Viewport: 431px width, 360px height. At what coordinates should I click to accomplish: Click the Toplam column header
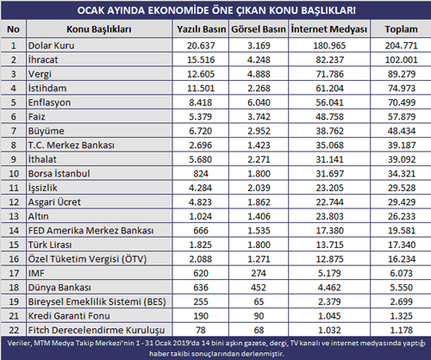pyautogui.click(x=401, y=29)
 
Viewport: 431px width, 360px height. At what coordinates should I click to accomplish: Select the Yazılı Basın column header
pyautogui.click(x=201, y=29)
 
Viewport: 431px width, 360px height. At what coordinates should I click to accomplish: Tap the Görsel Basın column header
pyautogui.click(x=259, y=29)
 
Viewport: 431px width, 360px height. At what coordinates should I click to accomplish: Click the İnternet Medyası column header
pyautogui.click(x=329, y=29)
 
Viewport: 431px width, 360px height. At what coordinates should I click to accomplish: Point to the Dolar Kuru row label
pyautogui.click(x=51, y=46)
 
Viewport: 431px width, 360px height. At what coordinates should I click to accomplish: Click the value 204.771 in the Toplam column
pyautogui.click(x=401, y=46)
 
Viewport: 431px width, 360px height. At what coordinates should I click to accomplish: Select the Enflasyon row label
pyautogui.click(x=49, y=102)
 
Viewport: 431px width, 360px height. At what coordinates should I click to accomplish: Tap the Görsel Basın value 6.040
pyautogui.click(x=259, y=102)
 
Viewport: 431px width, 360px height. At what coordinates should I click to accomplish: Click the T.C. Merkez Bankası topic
pyautogui.click(x=71, y=145)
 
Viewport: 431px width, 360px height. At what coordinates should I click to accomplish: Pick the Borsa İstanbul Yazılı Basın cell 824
pyautogui.click(x=201, y=174)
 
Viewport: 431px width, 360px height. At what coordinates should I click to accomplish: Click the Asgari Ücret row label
pyautogui.click(x=54, y=202)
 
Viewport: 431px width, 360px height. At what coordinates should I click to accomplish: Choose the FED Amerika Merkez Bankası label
pyautogui.click(x=91, y=231)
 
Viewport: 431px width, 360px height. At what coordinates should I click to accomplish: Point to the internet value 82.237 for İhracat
pyautogui.click(x=329, y=59)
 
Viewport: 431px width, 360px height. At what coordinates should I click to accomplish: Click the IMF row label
pyautogui.click(x=36, y=273)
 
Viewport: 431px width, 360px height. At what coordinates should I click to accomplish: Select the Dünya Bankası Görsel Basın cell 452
pyautogui.click(x=259, y=288)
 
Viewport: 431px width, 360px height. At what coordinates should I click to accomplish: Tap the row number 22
pyautogui.click(x=14, y=330)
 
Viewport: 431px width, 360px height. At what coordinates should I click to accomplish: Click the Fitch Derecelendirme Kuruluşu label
pyautogui.click(x=97, y=330)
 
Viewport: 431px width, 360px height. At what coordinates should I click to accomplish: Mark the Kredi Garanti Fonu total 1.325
pyautogui.click(x=401, y=316)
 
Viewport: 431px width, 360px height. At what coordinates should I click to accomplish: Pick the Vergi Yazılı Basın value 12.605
pyautogui.click(x=201, y=74)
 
